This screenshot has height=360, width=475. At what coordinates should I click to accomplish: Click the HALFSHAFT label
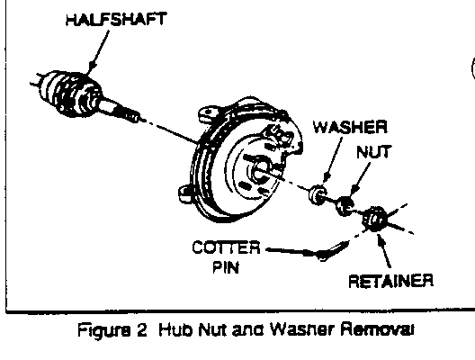116,19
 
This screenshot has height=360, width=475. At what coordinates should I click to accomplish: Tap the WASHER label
350,127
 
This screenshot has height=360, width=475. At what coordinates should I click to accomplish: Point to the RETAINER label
390,281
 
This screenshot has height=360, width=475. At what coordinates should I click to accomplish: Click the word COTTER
226,247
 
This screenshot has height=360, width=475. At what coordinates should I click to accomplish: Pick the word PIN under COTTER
226,267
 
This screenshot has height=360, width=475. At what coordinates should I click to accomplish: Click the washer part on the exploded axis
318,194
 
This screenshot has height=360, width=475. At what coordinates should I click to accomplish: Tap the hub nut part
345,206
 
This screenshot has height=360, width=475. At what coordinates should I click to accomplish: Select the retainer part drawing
374,219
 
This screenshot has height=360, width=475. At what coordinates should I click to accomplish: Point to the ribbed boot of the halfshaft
68,93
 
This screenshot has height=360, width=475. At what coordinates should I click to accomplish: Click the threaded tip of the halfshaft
131,116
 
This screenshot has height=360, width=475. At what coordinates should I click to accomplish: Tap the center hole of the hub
260,172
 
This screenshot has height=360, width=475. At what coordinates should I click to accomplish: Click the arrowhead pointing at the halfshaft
91,67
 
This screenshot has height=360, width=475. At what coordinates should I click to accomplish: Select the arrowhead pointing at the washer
327,178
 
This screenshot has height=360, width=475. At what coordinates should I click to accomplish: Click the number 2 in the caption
141,330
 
